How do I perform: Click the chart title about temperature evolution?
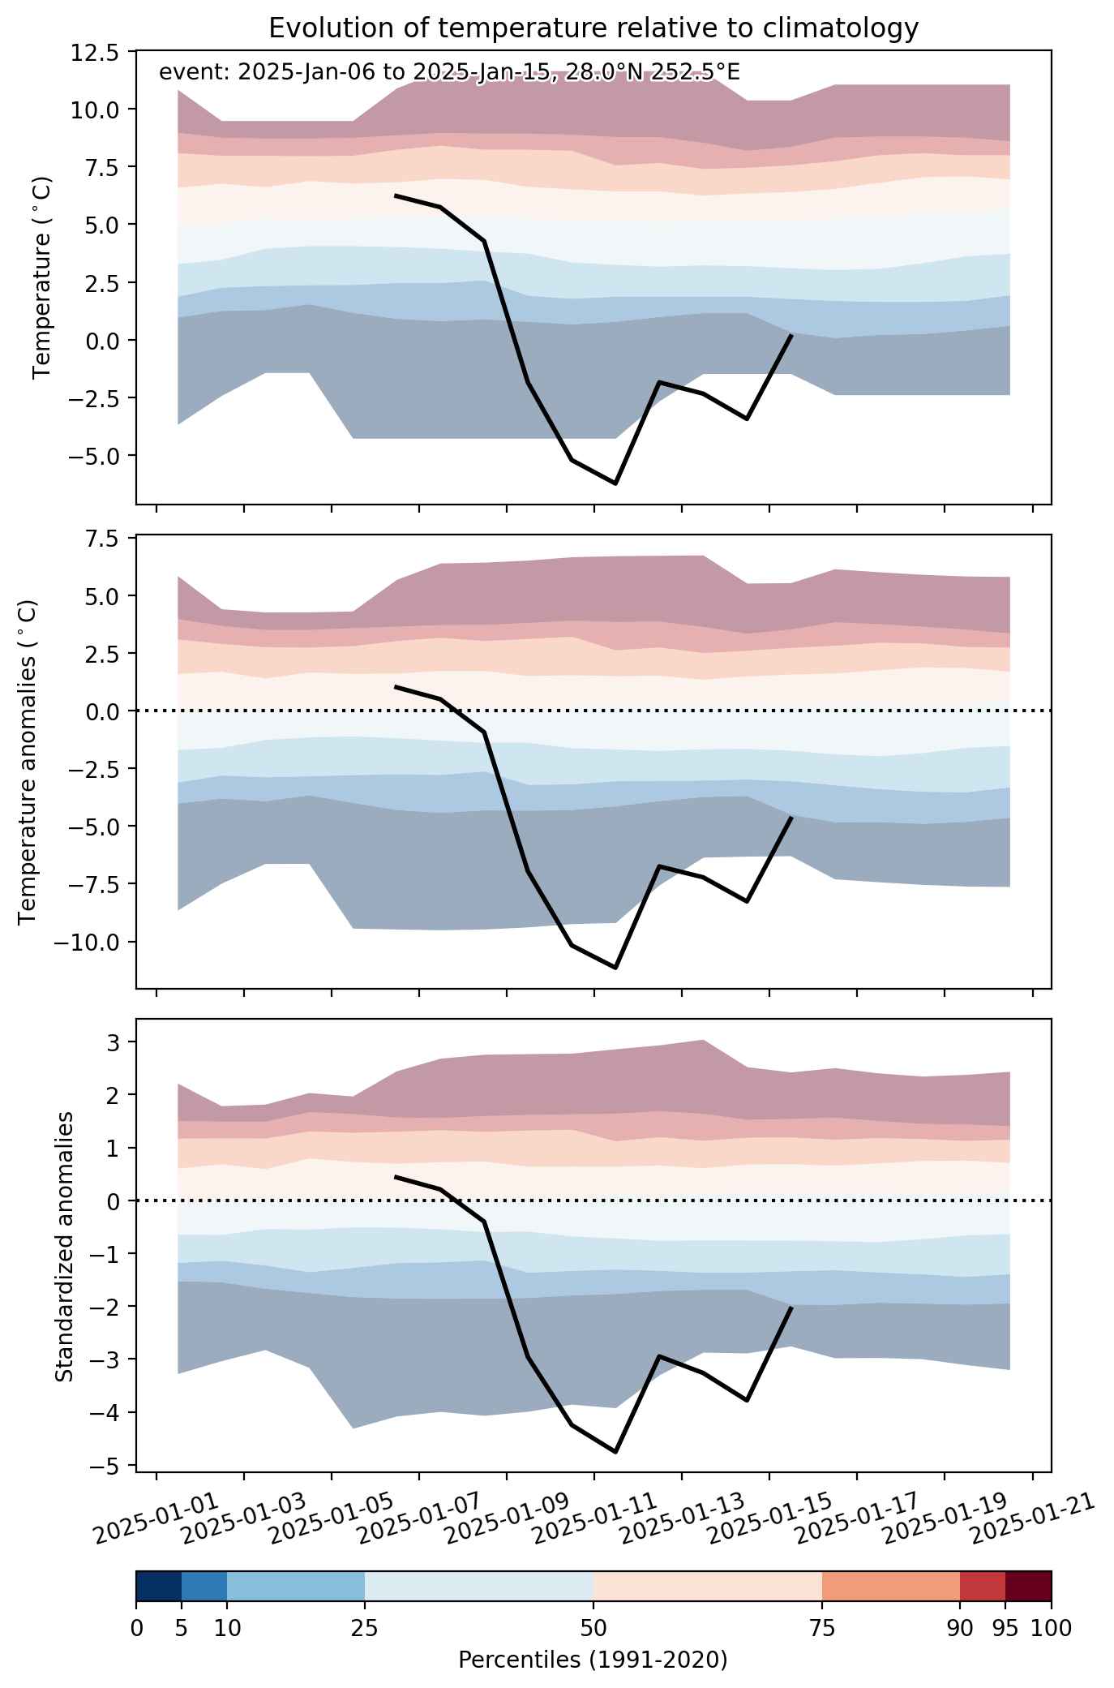[593, 28]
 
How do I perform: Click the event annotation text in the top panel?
[449, 72]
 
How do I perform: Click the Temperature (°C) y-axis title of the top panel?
[43, 277]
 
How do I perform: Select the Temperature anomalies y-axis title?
[28, 762]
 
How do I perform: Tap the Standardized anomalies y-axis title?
[64, 1245]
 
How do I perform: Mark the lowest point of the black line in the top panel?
[616, 483]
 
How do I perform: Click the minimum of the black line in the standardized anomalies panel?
[616, 1451]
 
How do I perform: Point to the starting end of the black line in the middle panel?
[395, 686]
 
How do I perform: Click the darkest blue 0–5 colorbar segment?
[159, 1586]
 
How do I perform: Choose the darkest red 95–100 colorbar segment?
[1028, 1586]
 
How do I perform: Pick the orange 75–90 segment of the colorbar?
[891, 1586]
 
